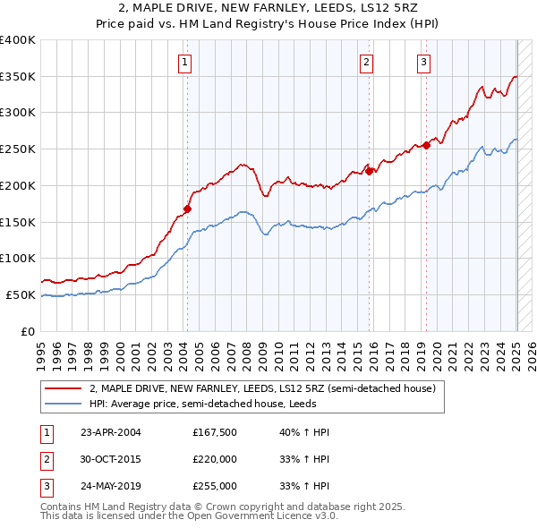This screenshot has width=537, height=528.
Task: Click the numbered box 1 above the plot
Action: click(x=183, y=62)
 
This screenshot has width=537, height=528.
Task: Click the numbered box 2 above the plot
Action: click(x=367, y=62)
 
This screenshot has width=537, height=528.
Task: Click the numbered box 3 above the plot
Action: click(x=423, y=62)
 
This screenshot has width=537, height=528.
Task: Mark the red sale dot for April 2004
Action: click(x=187, y=209)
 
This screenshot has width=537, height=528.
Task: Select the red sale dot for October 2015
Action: click(x=370, y=171)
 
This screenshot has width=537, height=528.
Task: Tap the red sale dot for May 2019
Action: click(x=426, y=146)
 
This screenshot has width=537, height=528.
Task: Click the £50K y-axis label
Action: click(x=21, y=294)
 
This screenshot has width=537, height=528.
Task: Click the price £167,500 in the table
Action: click(x=214, y=432)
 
